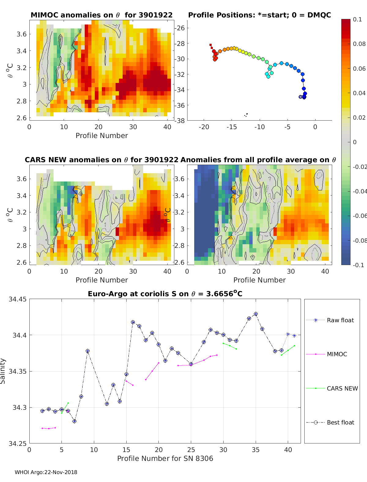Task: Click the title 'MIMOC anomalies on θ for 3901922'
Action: (102, 15)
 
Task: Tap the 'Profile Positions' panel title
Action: (259, 15)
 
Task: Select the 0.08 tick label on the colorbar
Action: (359, 44)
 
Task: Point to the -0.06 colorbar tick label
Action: (359, 216)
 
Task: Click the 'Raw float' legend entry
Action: (340, 320)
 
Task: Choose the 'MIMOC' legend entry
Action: (337, 354)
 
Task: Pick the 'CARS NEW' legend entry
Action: (342, 388)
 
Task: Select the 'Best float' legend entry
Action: (340, 422)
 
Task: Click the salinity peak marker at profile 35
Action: (256, 314)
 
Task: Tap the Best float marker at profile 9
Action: (87, 351)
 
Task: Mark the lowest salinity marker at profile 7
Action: (74, 421)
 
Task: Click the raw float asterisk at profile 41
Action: (294, 336)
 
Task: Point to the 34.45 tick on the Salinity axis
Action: (17, 299)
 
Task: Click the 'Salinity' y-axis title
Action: (3, 371)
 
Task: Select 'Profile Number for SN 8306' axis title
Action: (165, 458)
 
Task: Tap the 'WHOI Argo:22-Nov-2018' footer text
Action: (46, 472)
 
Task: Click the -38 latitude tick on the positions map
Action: (180, 121)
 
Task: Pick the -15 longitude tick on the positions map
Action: (232, 127)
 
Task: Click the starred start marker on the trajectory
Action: (301, 97)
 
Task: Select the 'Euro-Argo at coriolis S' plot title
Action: (165, 294)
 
